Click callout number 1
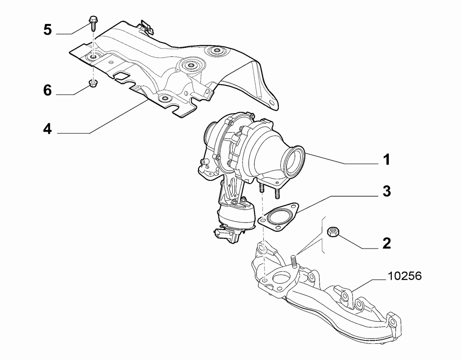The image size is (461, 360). [x=387, y=160]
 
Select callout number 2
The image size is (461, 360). [x=387, y=243]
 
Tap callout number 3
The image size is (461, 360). [x=387, y=191]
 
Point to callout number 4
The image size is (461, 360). [x=47, y=129]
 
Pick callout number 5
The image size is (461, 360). [x=47, y=30]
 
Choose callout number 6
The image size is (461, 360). [x=47, y=90]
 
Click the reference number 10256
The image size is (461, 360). [x=405, y=276]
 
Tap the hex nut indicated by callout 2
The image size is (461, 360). [x=333, y=231]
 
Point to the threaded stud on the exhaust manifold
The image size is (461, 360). [x=293, y=261]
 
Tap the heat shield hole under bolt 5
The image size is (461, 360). [x=93, y=57]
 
